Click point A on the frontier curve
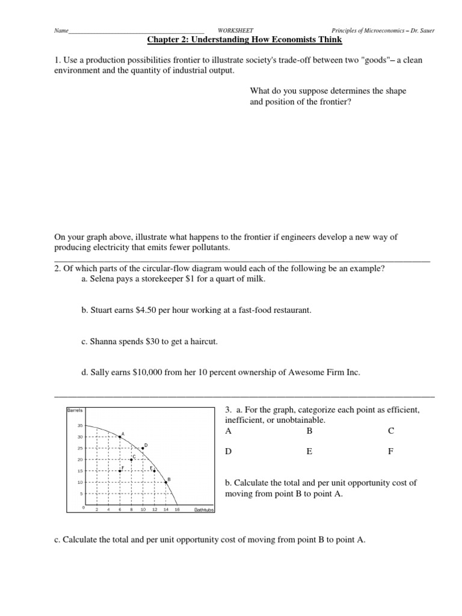coord(120,437)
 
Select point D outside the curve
coord(143,449)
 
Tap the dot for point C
coord(131,460)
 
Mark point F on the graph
coord(120,471)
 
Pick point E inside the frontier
coord(154,471)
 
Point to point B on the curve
coord(166,482)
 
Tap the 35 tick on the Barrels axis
coord(79,425)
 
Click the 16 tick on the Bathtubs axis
coord(177,510)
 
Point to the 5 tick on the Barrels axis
coord(81,494)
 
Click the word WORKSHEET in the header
coord(235,30)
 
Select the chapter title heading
coord(244,40)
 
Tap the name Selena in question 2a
coord(102,279)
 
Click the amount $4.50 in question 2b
coord(152,310)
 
